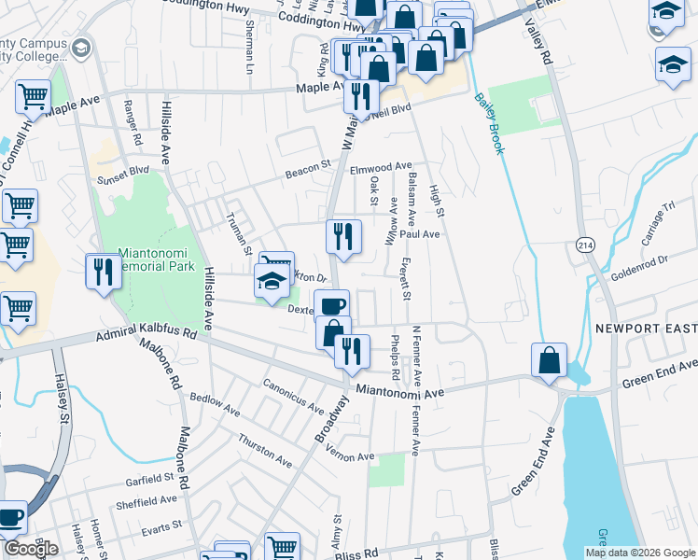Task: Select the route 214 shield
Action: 585,244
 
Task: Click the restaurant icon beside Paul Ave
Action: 343,236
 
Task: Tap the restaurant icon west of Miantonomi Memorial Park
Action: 103,271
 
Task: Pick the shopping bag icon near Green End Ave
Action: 549,359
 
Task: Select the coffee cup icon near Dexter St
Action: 331,306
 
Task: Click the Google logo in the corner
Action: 31,549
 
